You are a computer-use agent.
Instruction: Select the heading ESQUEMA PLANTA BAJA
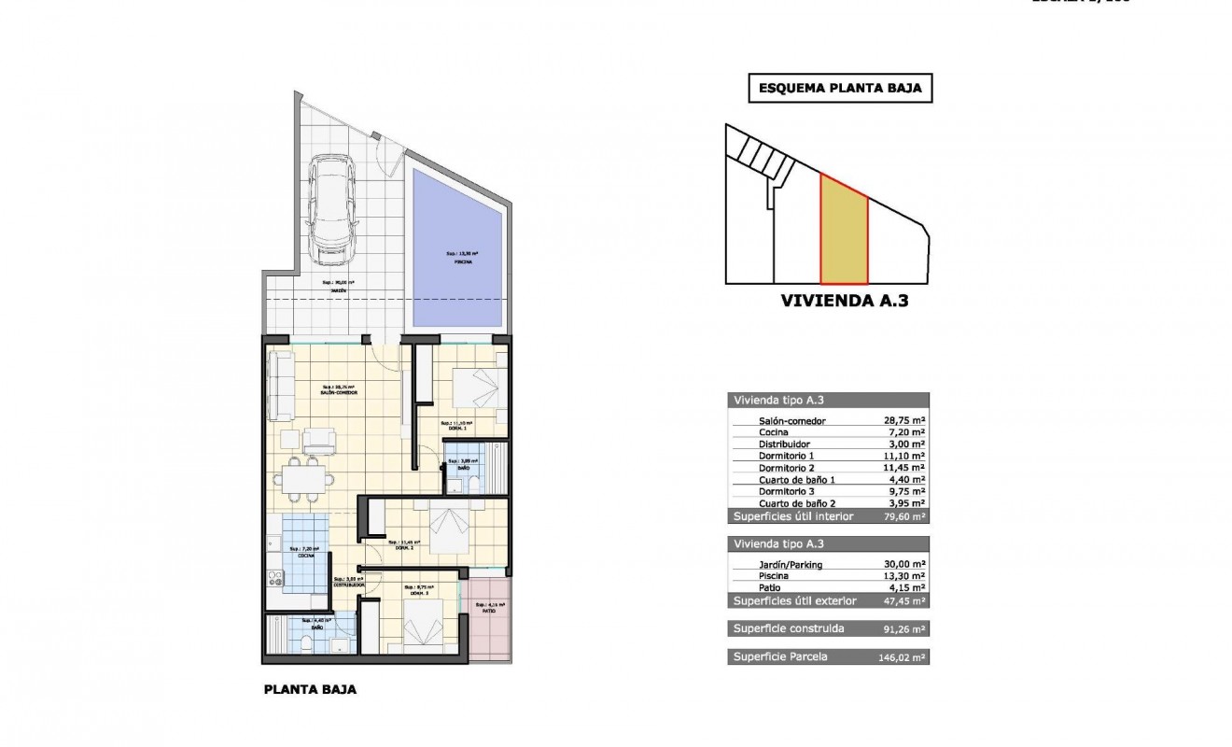(840, 89)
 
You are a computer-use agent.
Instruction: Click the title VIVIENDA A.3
(844, 302)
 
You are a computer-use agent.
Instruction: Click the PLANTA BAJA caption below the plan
(310, 691)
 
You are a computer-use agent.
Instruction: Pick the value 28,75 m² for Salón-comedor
(903, 421)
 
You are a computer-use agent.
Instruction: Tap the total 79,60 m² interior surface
(903, 516)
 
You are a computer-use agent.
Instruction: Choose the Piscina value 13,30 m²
(903, 576)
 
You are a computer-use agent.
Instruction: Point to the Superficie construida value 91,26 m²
(903, 629)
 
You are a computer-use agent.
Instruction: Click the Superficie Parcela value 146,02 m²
(901, 657)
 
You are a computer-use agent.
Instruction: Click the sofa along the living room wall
(278, 388)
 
